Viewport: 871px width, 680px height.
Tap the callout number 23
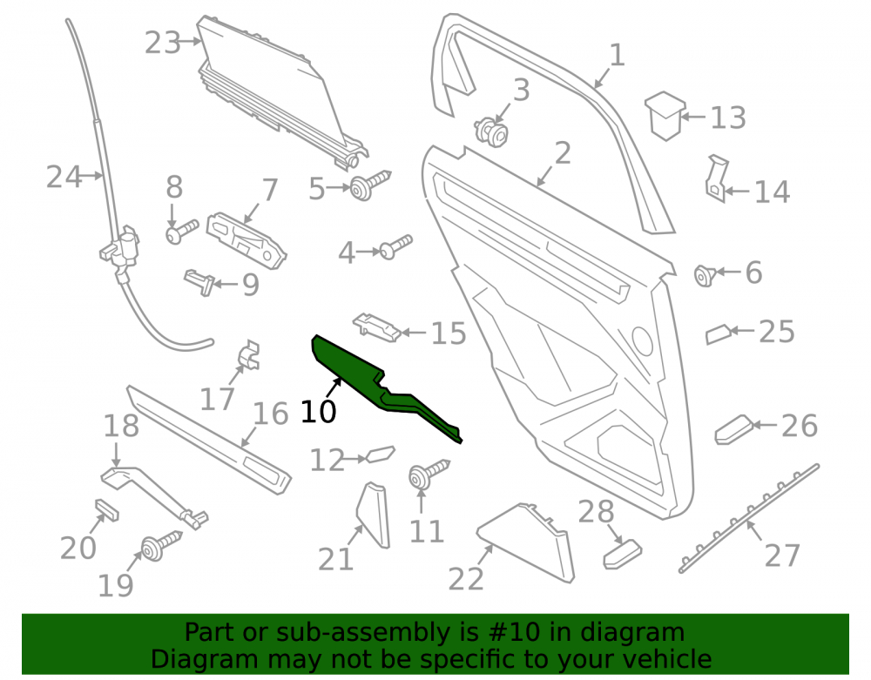[163, 43]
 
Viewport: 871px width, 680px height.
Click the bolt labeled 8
[182, 232]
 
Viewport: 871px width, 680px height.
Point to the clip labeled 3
[490, 132]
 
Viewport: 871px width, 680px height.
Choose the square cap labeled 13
[665, 116]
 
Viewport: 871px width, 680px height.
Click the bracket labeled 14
[717, 178]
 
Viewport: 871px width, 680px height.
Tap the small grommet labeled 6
[705, 275]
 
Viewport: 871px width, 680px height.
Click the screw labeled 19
[161, 545]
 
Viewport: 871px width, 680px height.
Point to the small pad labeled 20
[106, 510]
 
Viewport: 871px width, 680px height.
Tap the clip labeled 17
[249, 355]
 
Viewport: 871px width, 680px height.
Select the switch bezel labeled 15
[376, 327]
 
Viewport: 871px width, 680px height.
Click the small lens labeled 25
[718, 334]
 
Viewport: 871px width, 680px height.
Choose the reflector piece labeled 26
[733, 429]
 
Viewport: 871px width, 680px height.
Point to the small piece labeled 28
[622, 554]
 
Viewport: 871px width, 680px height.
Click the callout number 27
[782, 555]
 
